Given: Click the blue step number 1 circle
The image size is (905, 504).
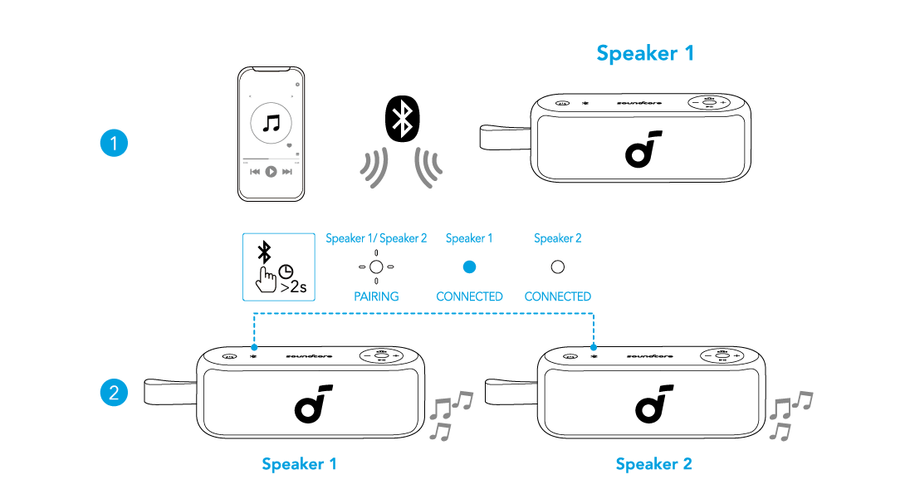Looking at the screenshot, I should pyautogui.click(x=114, y=144).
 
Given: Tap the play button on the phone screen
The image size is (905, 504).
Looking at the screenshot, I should pyautogui.click(x=271, y=172).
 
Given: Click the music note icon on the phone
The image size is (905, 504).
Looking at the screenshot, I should pyautogui.click(x=271, y=125).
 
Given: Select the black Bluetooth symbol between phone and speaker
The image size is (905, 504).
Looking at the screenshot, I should pyautogui.click(x=404, y=120).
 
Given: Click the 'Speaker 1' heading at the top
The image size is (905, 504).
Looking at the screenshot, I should pyautogui.click(x=644, y=54).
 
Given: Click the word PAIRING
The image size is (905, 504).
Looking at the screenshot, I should pyautogui.click(x=376, y=296).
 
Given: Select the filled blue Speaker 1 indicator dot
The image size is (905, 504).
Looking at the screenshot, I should pyautogui.click(x=469, y=267).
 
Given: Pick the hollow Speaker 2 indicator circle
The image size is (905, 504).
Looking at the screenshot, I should pyautogui.click(x=558, y=267).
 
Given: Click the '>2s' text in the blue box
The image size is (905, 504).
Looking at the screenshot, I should pyautogui.click(x=293, y=287).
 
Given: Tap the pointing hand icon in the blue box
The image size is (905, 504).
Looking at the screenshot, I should pyautogui.click(x=267, y=279).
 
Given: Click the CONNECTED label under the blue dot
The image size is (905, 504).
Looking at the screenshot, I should pyautogui.click(x=469, y=296).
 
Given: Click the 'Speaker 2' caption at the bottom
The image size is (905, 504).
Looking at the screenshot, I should pyautogui.click(x=653, y=464).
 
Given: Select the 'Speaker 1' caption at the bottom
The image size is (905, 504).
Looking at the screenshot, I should pyautogui.click(x=299, y=464).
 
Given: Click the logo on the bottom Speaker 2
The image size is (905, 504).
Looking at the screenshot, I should pyautogui.click(x=651, y=403).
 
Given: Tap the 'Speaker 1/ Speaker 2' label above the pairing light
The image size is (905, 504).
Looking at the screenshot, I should pyautogui.click(x=376, y=238).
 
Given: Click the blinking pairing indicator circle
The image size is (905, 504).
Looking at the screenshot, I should pyautogui.click(x=376, y=267).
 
